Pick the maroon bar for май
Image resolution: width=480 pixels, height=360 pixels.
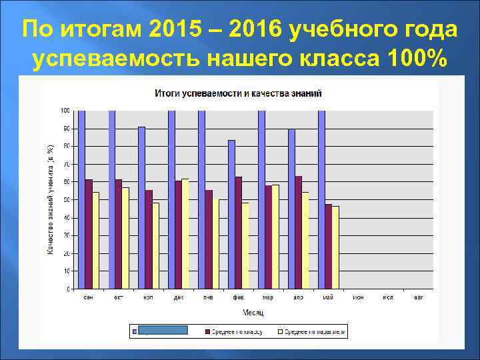(x=328, y=247)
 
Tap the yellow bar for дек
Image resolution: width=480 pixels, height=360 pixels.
(x=185, y=234)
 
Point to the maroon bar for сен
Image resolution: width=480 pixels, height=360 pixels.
(x=89, y=234)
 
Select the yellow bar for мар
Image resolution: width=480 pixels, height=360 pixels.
(x=275, y=237)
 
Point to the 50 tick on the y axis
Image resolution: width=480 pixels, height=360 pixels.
(x=67, y=200)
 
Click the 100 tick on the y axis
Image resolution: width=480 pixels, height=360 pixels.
(x=65, y=110)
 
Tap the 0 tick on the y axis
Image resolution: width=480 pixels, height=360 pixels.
(x=68, y=289)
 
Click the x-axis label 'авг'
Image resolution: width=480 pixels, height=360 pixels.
(x=418, y=297)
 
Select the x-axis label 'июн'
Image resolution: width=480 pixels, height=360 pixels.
(x=358, y=297)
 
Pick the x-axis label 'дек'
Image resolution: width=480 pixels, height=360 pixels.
(x=179, y=297)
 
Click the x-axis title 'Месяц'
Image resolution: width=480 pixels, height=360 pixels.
(x=253, y=312)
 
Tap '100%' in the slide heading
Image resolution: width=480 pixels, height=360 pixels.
(x=416, y=59)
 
